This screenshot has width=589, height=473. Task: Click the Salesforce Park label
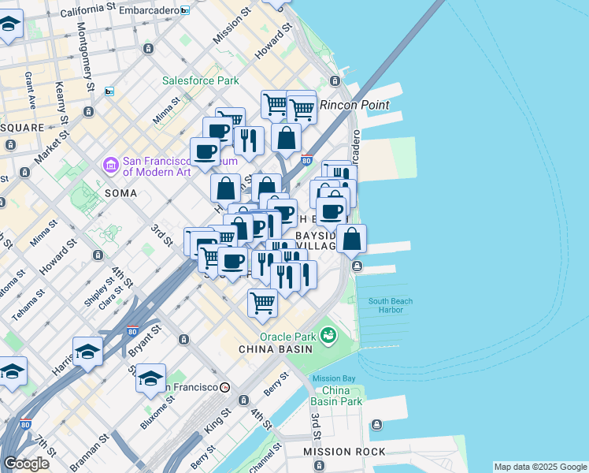[x=200, y=80]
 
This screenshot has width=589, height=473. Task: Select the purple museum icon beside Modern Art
[x=110, y=166]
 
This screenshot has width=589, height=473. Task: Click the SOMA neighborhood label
[x=120, y=193]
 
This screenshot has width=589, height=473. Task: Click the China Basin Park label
[x=342, y=396]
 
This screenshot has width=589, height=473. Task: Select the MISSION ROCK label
[x=346, y=452]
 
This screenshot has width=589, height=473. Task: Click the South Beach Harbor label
[x=390, y=305]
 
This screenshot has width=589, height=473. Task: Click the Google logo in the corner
[x=26, y=464]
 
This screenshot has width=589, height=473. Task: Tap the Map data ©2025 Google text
[x=539, y=467]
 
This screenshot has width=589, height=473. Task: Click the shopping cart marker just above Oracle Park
[x=262, y=302]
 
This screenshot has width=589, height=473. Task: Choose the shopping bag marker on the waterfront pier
[x=350, y=238]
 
